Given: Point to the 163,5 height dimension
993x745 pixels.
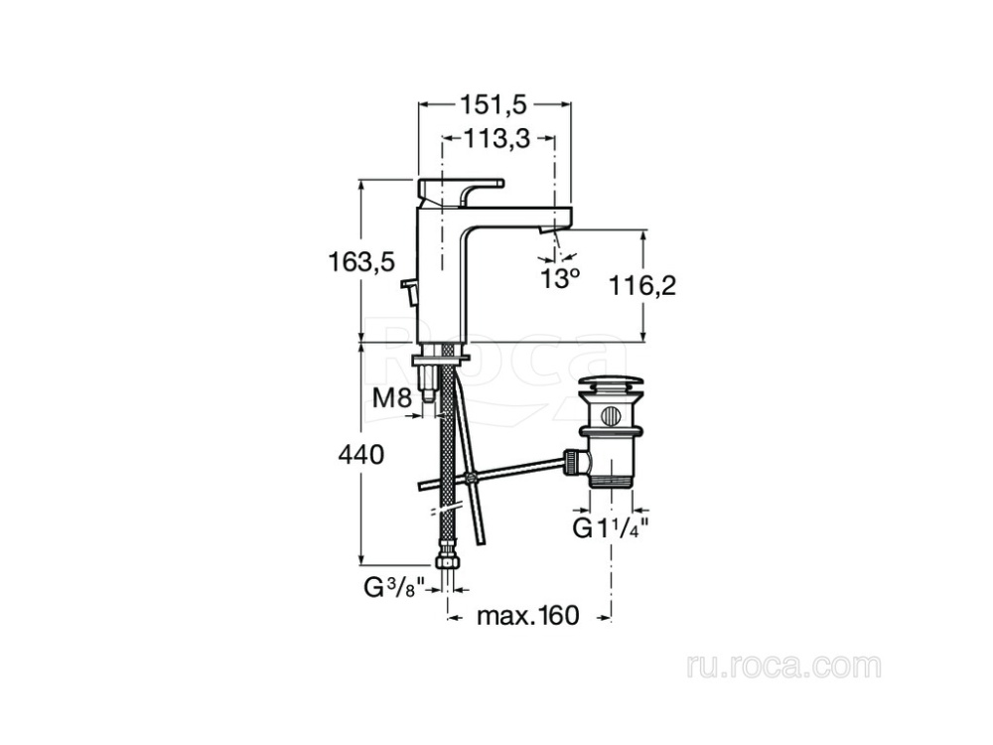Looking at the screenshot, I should pos(361,261).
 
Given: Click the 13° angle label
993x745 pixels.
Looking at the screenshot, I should pos(559,278).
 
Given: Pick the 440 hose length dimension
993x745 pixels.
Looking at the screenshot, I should pos(361,456).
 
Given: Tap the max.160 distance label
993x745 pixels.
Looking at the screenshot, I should pos(526,616).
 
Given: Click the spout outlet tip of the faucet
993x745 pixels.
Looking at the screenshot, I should pos(547,229).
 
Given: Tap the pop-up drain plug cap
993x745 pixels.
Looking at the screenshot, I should pos(608,384).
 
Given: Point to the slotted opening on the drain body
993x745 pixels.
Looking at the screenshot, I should pos(609,414).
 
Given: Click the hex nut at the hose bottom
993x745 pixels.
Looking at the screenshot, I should pos(448,563).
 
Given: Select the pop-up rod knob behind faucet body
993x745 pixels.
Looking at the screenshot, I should pos(407,291).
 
